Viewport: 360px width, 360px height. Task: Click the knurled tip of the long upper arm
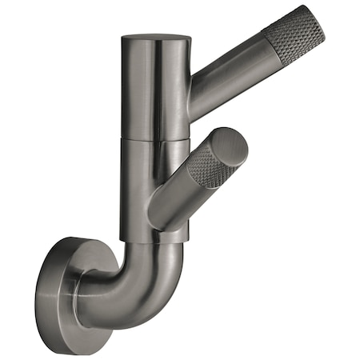coord(300,40)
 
